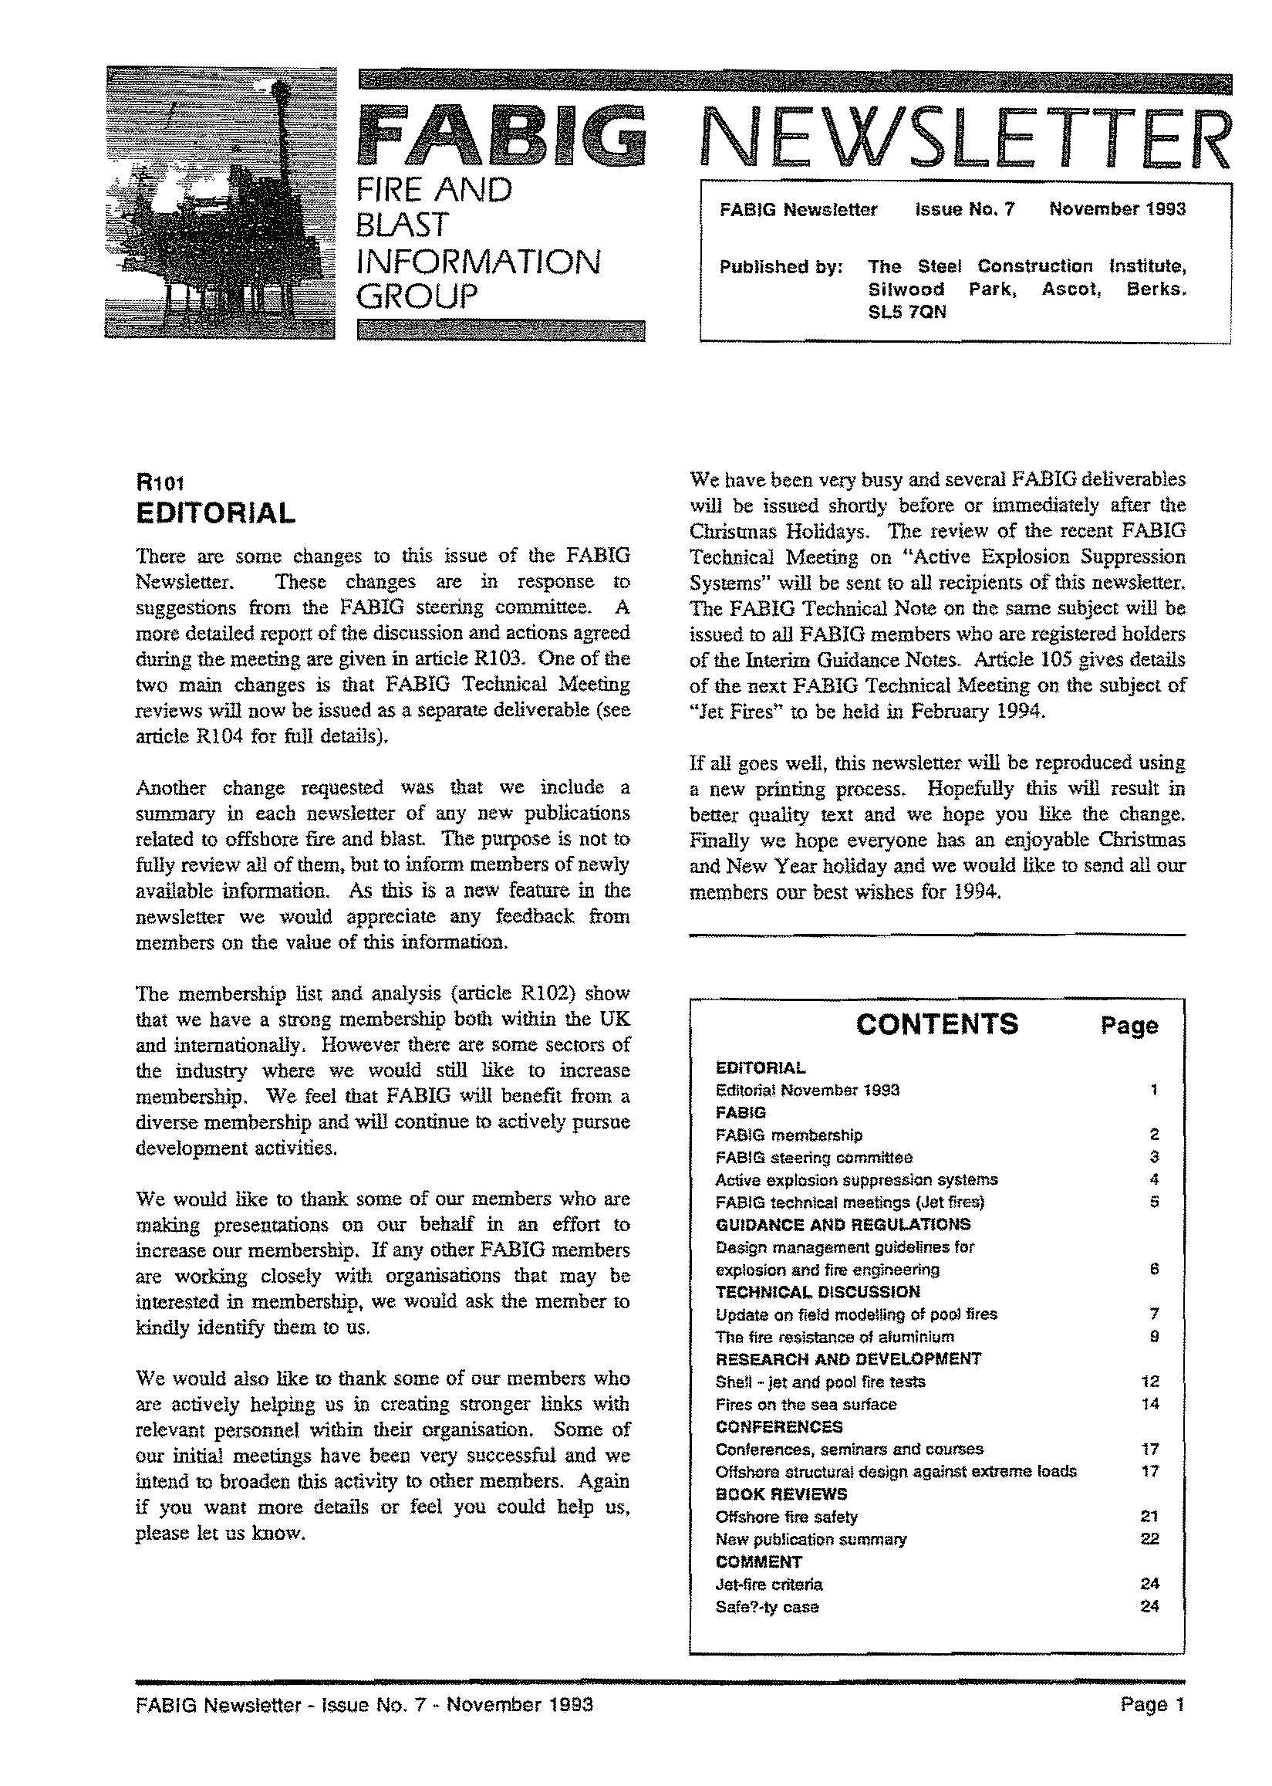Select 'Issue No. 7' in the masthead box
click(964, 209)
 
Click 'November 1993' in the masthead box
click(1117, 209)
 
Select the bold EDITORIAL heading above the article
click(215, 512)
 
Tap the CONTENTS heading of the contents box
click(936, 1024)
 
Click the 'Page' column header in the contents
click(1129, 1026)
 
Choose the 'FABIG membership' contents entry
click(789, 1135)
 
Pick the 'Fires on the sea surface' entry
click(806, 1405)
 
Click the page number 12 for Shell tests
click(1150, 1382)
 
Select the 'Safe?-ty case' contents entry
click(767, 1606)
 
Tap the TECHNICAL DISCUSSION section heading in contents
click(818, 1291)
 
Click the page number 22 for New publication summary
click(1149, 1538)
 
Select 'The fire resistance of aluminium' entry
click(835, 1337)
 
